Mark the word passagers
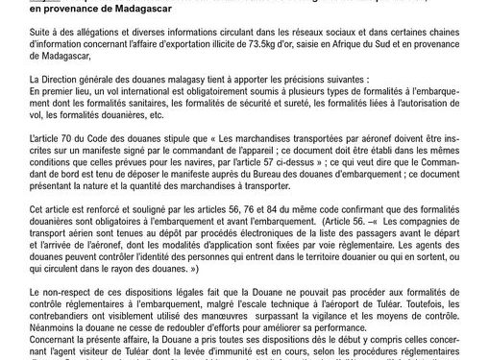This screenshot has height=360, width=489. click(344, 243)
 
